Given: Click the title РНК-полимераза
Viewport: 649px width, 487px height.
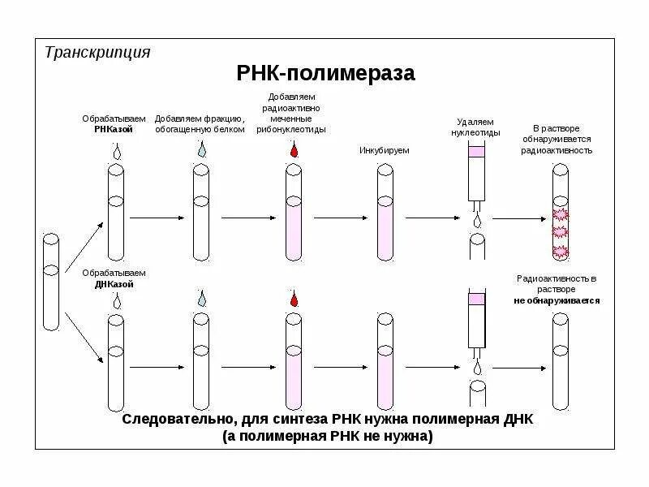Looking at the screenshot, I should tap(325, 73).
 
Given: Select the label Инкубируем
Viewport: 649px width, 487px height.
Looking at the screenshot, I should tap(385, 150).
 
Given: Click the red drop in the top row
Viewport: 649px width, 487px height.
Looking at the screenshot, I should tap(293, 151).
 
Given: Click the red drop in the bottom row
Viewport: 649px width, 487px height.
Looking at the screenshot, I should tap(293, 300).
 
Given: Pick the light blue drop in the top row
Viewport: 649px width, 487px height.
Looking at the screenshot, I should tap(201, 151).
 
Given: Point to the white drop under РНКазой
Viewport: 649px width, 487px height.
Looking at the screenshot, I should tap(117, 151).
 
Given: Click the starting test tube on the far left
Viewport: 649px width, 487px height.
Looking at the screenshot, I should tap(51, 281).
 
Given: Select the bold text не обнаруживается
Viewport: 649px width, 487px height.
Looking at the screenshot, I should tap(557, 300).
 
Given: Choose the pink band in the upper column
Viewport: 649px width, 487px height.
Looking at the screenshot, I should tap(476, 151).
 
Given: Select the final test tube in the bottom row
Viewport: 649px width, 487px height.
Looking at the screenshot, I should tap(559, 361).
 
